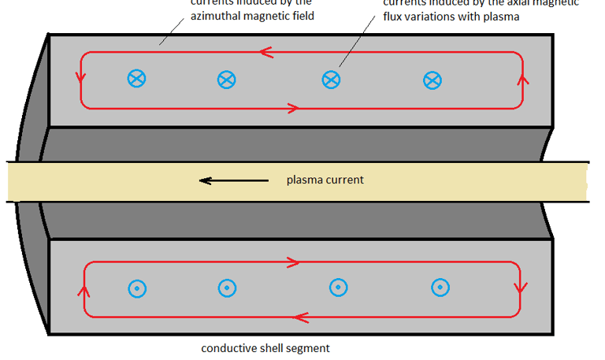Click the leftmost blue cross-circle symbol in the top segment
point(136,78)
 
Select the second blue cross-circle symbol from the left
point(226,78)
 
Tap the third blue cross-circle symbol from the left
point(331,79)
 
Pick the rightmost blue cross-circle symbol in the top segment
point(432,80)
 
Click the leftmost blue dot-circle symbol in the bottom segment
point(136,289)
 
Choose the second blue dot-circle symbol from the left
point(226,288)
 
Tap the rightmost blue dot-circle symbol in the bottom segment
point(440,288)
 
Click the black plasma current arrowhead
point(205,180)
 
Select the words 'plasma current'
point(325,180)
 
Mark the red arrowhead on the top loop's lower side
point(294,107)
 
